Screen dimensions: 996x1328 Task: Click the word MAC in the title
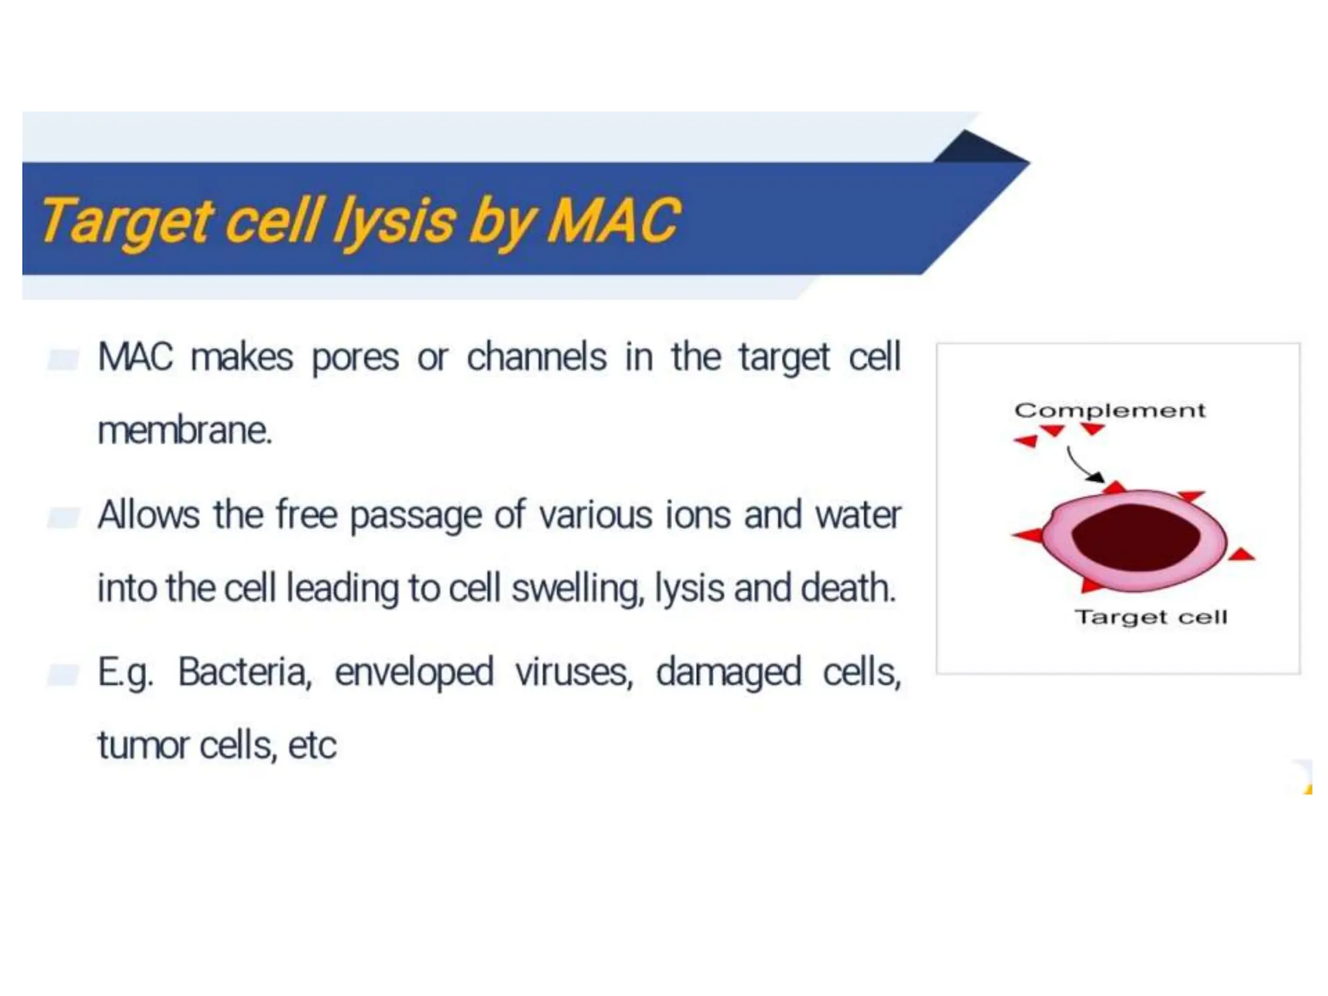pos(613,220)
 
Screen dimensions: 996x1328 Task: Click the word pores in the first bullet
pos(355,358)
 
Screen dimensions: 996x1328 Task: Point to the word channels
pos(536,357)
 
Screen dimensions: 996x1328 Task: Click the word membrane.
pos(184,431)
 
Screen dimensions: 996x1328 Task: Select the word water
pos(857,516)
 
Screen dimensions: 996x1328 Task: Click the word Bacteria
pos(245,672)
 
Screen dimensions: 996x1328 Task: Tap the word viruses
pos(574,672)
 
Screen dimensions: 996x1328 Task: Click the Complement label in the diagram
pos(1109,410)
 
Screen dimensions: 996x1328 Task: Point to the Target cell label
pos(1150,617)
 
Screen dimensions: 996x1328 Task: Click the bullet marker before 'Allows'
pos(64,517)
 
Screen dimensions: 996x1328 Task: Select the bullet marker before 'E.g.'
pos(64,674)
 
